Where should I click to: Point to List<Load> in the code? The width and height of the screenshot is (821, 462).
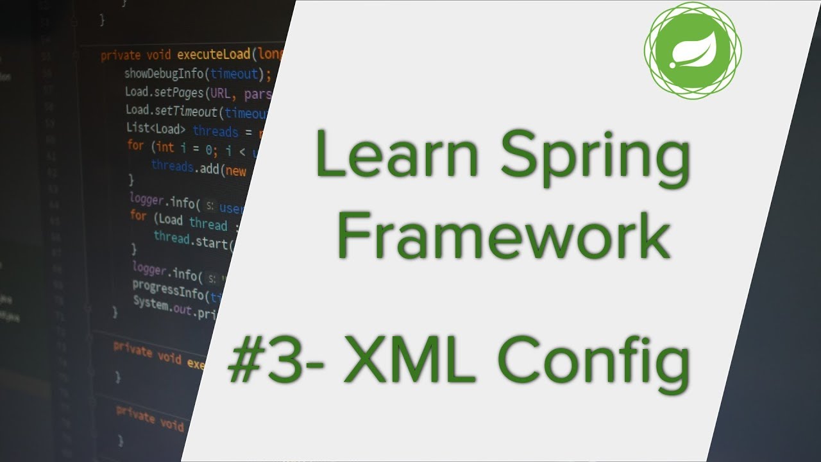click(x=156, y=129)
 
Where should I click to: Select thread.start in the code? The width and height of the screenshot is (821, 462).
click(x=189, y=239)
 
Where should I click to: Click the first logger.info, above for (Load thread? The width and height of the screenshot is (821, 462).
click(x=164, y=201)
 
